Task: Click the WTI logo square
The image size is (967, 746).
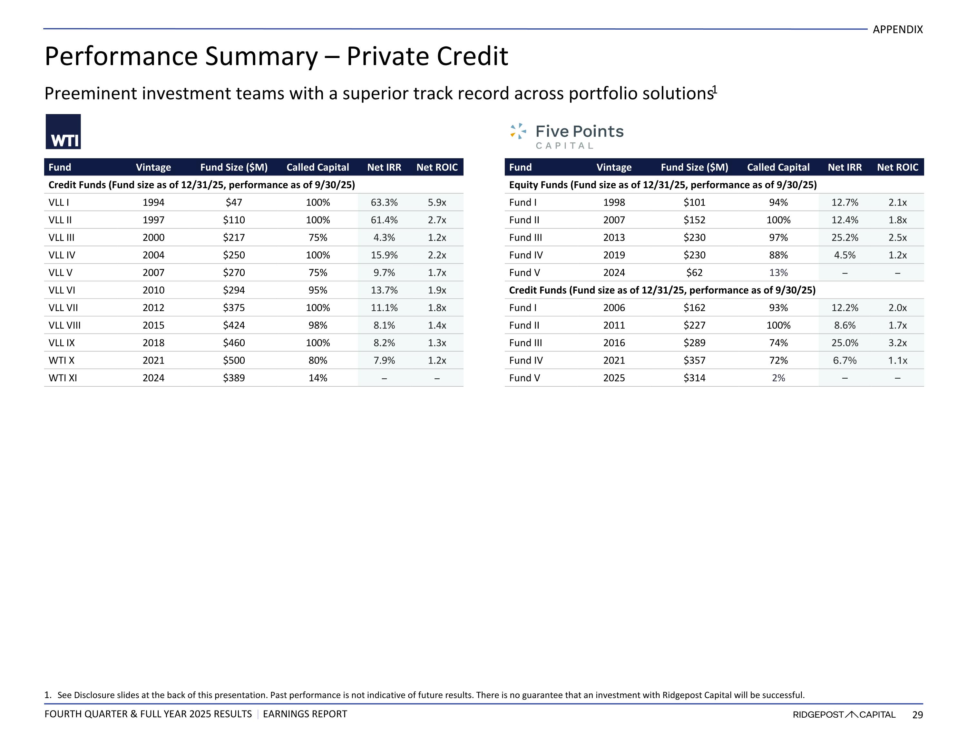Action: click(63, 131)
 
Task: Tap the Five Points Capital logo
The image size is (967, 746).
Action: click(567, 136)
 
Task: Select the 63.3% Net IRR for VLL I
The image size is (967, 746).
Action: click(384, 202)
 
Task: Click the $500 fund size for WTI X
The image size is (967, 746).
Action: click(234, 360)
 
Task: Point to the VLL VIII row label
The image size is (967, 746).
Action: click(65, 325)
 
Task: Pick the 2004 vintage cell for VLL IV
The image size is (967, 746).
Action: click(153, 255)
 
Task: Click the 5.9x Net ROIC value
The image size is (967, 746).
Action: click(436, 202)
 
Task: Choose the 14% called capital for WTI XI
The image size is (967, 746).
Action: click(317, 378)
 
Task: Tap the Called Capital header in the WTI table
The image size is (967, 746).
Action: click(317, 167)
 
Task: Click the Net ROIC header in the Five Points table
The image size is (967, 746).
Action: click(897, 167)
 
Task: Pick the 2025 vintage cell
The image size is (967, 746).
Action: click(614, 378)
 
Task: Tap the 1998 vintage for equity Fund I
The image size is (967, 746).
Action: click(614, 202)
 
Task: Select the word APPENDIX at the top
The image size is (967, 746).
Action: click(897, 30)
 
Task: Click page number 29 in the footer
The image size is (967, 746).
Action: click(917, 714)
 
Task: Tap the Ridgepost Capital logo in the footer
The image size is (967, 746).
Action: click(844, 714)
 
